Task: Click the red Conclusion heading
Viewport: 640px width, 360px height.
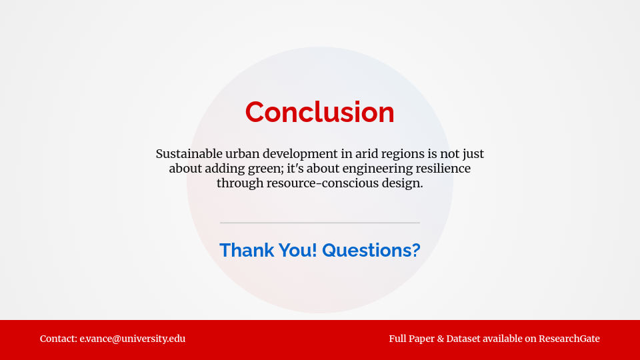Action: (320, 112)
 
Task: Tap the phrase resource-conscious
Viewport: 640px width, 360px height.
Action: (314, 183)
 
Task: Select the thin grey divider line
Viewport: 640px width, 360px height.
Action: (320, 223)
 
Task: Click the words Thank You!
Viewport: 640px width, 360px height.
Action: (268, 250)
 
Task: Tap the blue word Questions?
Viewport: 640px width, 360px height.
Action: (371, 250)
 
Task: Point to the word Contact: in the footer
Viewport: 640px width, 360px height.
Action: (59, 339)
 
